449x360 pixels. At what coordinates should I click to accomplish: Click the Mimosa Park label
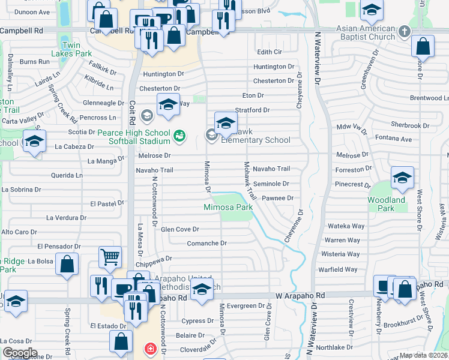point(228,208)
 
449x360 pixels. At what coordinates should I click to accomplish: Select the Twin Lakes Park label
point(71,49)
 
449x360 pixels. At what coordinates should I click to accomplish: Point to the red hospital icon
point(149,348)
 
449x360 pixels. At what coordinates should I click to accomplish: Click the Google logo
point(20,353)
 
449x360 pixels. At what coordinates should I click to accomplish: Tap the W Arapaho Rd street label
point(300,295)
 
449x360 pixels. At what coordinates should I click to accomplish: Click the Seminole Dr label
point(271,184)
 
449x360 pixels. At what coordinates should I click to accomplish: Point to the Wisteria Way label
point(341,254)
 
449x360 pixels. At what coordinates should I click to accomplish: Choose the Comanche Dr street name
point(206,243)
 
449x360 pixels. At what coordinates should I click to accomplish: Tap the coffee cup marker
point(123,289)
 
